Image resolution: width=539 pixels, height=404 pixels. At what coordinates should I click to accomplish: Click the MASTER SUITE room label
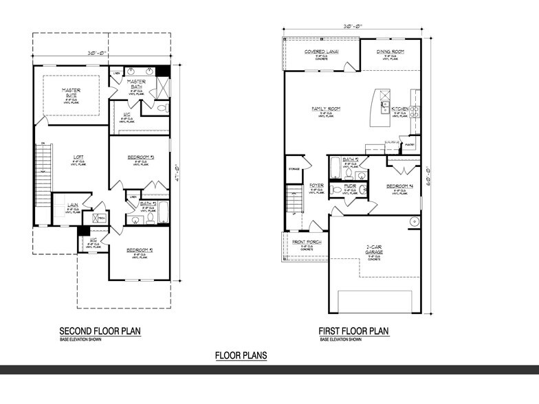[71, 93]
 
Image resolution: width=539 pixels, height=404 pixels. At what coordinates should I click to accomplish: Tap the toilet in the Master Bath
[162, 109]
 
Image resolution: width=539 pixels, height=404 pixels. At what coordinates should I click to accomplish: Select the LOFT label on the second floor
[80, 157]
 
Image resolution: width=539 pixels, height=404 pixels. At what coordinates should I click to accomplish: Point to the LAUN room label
[71, 205]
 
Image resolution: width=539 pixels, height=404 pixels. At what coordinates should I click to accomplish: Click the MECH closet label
[101, 218]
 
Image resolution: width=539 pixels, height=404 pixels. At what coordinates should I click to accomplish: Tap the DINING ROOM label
[390, 52]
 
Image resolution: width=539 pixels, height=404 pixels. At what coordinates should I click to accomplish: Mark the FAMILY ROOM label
[326, 109]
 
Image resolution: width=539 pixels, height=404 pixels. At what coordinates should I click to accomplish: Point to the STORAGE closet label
[294, 168]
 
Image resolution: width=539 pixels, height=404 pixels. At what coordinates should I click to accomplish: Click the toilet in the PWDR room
[335, 189]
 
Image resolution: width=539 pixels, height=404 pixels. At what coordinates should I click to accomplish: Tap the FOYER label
[316, 186]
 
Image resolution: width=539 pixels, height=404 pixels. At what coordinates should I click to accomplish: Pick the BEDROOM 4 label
[399, 186]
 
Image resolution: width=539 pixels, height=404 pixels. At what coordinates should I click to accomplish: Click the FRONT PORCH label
[307, 241]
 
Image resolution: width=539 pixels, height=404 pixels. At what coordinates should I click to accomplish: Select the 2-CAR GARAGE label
[375, 250]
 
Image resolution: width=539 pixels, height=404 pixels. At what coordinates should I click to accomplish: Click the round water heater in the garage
[415, 221]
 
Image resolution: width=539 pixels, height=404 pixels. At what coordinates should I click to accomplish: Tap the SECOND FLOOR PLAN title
[100, 331]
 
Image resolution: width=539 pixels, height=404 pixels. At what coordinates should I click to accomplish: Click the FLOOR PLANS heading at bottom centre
[241, 355]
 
